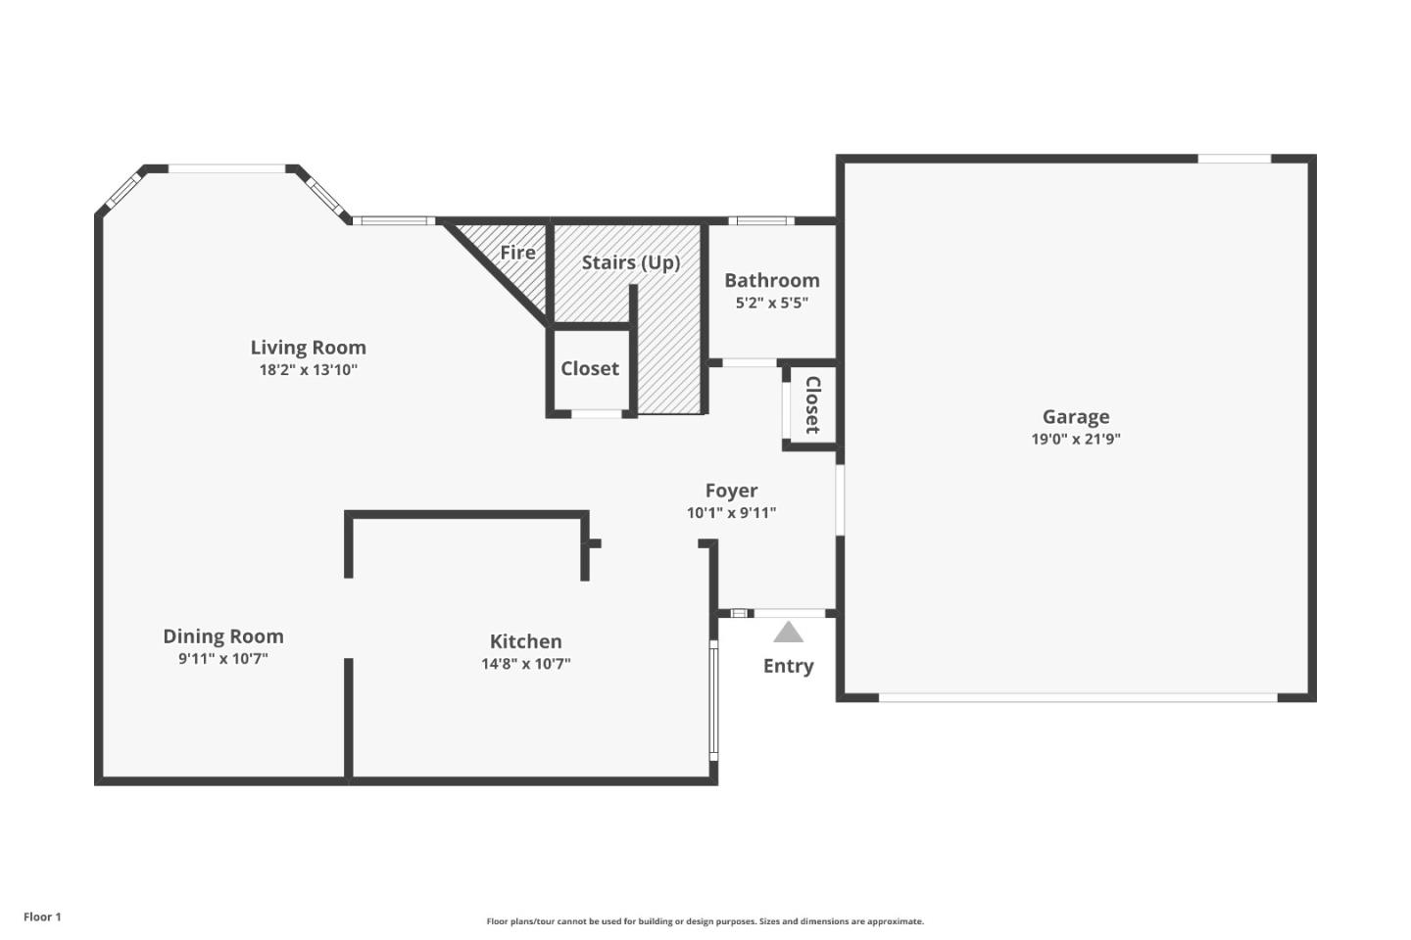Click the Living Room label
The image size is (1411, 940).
[308, 348]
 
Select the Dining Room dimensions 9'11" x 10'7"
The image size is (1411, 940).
[222, 659]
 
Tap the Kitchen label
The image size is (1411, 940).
[525, 641]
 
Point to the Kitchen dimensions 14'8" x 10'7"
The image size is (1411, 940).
[525, 664]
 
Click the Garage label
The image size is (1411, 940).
[1075, 417]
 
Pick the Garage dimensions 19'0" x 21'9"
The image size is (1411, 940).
[1075, 440]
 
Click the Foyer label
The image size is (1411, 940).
[731, 491]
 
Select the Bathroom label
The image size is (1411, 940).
[771, 281]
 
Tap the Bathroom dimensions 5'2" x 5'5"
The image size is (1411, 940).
[771, 304]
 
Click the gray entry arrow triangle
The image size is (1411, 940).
[788, 633]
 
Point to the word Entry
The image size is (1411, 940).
[788, 666]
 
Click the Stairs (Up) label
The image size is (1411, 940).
[630, 262]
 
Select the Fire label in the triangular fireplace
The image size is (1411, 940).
[517, 253]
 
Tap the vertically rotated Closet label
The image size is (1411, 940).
[812, 404]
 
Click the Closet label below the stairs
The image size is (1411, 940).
[589, 369]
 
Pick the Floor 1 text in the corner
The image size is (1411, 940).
[42, 917]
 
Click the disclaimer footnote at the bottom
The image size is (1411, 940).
[705, 921]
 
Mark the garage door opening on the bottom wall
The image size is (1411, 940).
[1078, 697]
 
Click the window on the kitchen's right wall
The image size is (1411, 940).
[713, 699]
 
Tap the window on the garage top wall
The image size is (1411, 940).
[1234, 159]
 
